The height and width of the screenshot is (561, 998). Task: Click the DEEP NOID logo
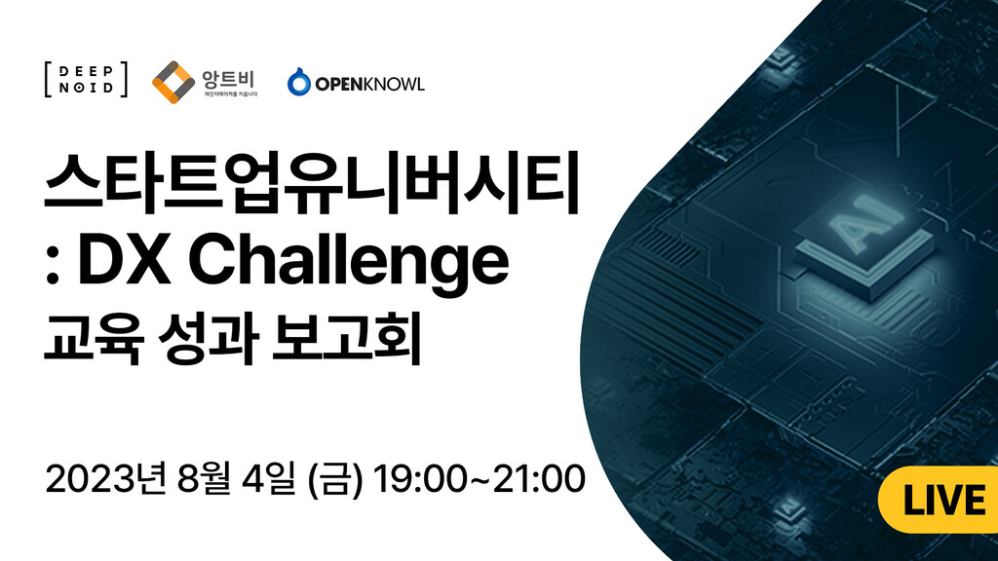(x=86, y=80)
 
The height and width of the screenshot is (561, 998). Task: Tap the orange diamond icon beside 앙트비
(x=173, y=82)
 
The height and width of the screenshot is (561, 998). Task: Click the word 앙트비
(x=228, y=80)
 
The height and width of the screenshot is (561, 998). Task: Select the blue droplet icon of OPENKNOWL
(x=298, y=82)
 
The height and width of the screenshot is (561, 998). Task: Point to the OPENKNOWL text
(x=369, y=85)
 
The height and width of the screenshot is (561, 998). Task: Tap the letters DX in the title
(x=124, y=259)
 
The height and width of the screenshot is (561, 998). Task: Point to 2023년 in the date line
(x=105, y=479)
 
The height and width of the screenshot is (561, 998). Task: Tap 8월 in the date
(x=204, y=479)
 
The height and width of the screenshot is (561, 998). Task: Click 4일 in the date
(x=269, y=479)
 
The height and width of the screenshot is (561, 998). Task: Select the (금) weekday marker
(x=335, y=479)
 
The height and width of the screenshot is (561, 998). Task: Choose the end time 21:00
(x=538, y=479)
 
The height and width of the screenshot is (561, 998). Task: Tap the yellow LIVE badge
(x=938, y=500)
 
